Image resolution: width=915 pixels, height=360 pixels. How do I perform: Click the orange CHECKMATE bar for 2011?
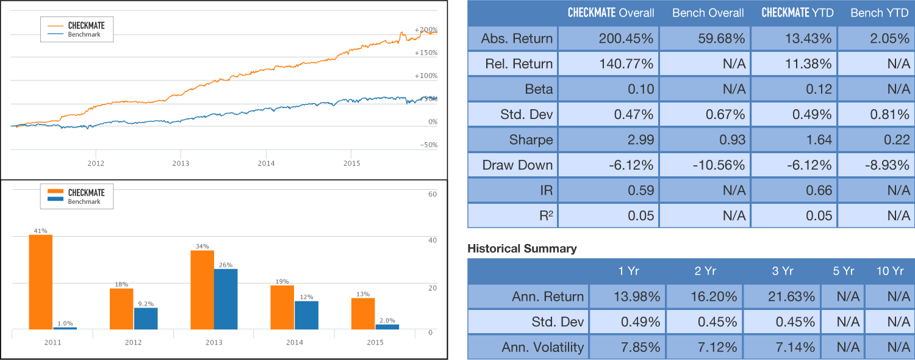41,282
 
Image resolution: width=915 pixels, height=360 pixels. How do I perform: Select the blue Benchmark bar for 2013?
226,299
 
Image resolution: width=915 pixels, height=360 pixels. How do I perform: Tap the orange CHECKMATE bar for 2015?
363,314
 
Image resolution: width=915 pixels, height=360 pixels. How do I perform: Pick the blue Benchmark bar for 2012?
145,319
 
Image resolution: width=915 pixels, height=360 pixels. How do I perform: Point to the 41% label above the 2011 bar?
41,231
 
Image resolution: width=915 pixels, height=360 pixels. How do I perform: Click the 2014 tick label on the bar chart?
295,342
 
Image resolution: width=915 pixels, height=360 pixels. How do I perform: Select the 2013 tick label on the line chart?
181,164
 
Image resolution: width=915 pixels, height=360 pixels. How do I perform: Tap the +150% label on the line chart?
426,52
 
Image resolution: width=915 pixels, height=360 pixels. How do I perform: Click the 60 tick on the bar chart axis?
432,194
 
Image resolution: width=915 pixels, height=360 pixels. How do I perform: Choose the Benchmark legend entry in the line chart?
84,35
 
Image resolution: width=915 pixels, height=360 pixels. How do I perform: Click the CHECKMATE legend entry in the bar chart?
85,193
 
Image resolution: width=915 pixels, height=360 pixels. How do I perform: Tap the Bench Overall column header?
708,13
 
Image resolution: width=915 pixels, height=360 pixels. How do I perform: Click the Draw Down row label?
517,165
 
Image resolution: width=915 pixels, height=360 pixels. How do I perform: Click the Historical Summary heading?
522,248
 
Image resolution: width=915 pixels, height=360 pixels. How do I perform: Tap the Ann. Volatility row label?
542,347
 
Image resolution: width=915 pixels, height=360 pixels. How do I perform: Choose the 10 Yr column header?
889,271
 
